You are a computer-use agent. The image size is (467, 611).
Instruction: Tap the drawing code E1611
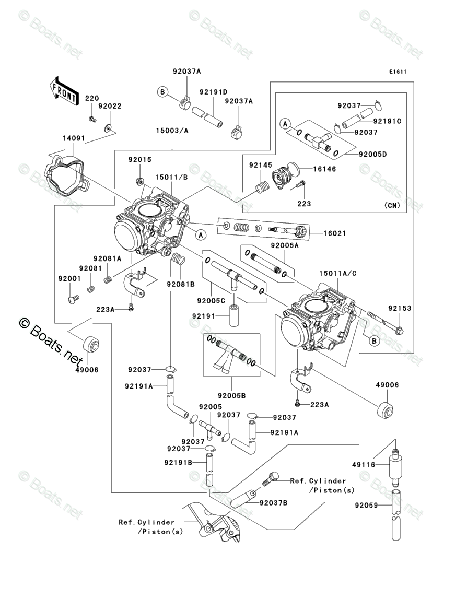coord(397,72)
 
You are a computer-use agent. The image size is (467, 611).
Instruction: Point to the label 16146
coord(324,169)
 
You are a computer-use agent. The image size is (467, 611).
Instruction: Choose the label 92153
coord(400,308)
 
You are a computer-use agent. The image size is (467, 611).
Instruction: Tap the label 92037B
coord(272,502)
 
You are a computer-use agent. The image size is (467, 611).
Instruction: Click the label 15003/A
coord(171,130)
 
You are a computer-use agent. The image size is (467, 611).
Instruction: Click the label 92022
coord(110,106)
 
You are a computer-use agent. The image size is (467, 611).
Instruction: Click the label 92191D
coord(213,92)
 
